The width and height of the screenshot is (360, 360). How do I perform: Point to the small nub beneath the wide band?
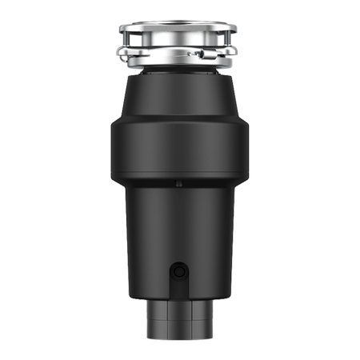pos(178,184)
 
